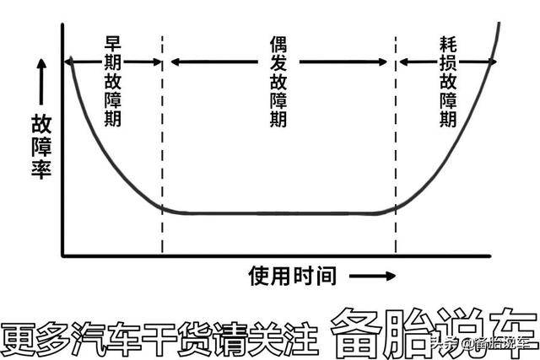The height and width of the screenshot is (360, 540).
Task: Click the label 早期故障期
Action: point(113,81)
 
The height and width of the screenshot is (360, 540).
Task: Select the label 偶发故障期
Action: point(278,81)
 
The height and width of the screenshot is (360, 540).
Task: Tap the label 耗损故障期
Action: point(448,81)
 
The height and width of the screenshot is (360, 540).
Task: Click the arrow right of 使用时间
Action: point(372,276)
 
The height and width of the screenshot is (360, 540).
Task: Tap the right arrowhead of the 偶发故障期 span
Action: point(386,61)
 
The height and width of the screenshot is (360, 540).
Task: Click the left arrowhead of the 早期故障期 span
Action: point(70,61)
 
